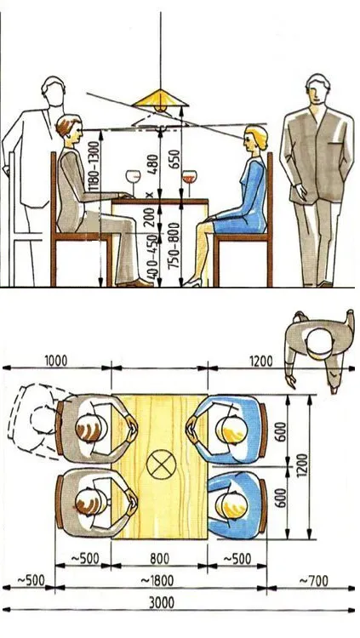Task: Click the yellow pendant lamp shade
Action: [x=161, y=99]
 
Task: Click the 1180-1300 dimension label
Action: [x=94, y=167]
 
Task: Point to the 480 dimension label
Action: [x=152, y=164]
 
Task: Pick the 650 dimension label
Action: [x=174, y=161]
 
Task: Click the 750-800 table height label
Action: [x=174, y=245]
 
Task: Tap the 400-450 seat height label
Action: [x=151, y=257]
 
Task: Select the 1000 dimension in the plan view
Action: [x=56, y=361]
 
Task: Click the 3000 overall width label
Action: [x=161, y=602]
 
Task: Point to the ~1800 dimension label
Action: [x=157, y=581]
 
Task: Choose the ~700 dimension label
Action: [x=313, y=581]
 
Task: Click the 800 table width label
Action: [x=159, y=559]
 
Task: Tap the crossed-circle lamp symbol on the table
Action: [x=161, y=464]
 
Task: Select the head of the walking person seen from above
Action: [x=320, y=344]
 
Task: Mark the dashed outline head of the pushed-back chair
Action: [x=43, y=420]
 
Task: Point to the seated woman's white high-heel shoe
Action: [x=191, y=282]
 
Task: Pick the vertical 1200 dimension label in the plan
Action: [x=303, y=466]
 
